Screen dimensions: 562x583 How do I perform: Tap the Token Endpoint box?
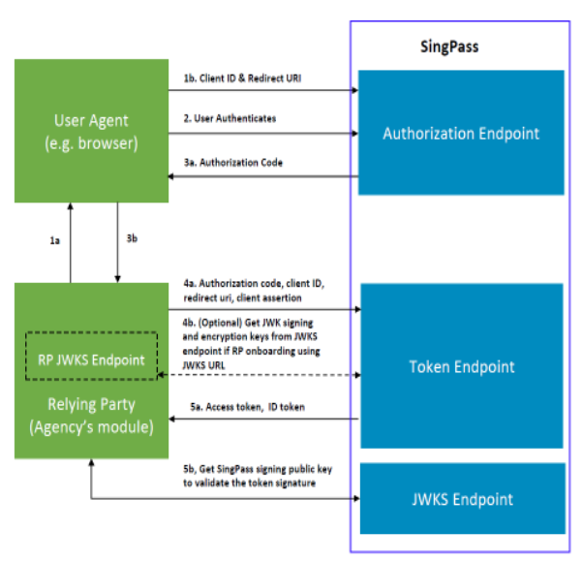pos(460,366)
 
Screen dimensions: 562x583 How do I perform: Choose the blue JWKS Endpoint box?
pos(460,499)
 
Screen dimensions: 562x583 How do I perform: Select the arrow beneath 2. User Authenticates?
pos(261,132)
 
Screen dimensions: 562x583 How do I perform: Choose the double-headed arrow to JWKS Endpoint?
pos(223,499)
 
